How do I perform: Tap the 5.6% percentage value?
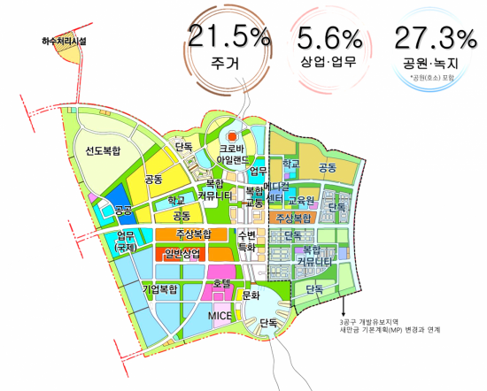point(329,40)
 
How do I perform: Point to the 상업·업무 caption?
point(329,64)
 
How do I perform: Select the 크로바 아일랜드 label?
point(235,156)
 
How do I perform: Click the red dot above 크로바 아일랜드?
point(234,137)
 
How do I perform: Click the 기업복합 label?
point(160,288)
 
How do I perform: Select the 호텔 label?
point(221,284)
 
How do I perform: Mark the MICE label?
point(220,316)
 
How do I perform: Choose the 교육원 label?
point(301,201)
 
